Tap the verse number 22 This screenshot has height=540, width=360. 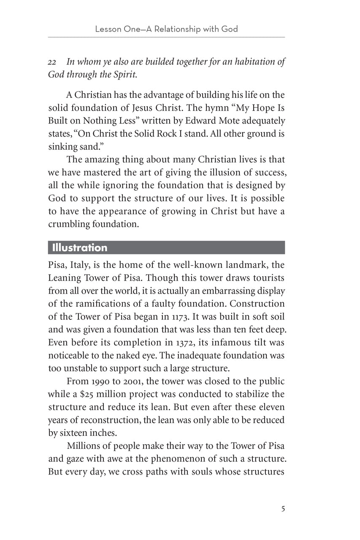pyautogui.click(x=52, y=62)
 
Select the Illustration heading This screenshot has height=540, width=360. pyautogui.click(x=79, y=248)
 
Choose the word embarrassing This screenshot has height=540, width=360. pyautogui.click(x=233, y=291)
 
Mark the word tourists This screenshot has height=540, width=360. pyautogui.click(x=268, y=279)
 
